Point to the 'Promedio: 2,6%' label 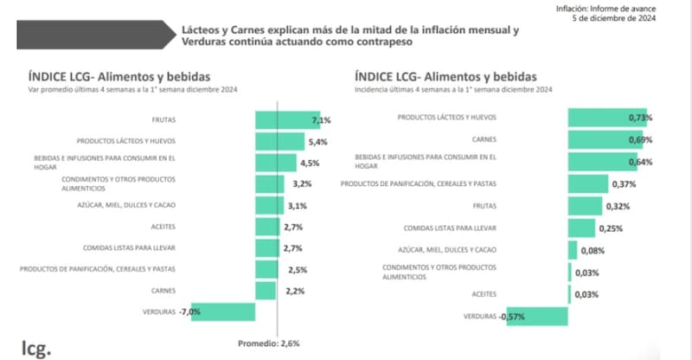pos(269,343)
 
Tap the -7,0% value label pos(190,312)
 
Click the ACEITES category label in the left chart pos(163,227)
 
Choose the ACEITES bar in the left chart pos(268,227)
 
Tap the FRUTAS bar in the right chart pos(585,206)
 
